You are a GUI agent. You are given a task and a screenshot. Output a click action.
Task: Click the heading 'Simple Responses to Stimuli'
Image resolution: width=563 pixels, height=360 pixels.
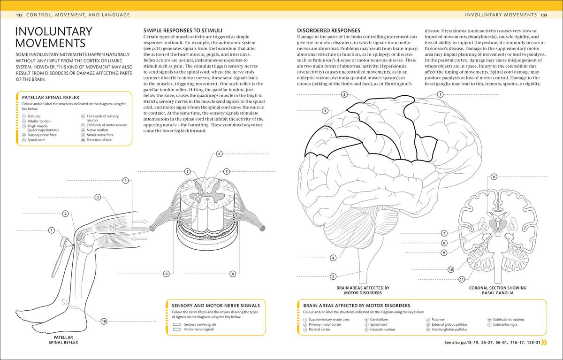point(183,31)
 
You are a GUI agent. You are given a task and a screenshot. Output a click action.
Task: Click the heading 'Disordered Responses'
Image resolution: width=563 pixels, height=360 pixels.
point(328,31)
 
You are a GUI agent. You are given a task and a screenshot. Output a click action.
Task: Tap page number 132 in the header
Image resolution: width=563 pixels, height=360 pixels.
point(19,15)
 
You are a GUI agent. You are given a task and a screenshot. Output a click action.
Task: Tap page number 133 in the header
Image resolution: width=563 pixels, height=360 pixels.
point(544,15)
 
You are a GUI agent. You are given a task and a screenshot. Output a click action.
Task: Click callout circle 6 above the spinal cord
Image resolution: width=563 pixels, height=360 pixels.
point(219,153)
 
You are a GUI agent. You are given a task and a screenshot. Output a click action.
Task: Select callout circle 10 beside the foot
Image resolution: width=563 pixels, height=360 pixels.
point(104,322)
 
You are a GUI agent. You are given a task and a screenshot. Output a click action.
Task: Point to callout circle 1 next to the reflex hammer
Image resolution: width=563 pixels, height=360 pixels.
point(52,230)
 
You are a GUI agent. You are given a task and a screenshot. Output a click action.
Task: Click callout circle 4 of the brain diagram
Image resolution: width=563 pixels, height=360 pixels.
point(333,258)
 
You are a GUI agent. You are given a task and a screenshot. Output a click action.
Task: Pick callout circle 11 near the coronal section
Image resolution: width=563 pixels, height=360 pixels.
point(462,279)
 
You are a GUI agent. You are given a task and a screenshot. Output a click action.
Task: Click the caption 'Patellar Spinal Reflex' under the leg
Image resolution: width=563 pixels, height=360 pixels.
point(63,340)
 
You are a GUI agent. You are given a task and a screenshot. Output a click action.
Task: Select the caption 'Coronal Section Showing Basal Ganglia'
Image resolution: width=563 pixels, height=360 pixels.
point(498,291)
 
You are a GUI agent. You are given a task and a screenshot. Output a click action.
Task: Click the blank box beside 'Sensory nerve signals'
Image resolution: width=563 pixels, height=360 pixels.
point(177,324)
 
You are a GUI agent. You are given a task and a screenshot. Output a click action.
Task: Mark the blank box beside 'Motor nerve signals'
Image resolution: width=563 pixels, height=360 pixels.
point(177,329)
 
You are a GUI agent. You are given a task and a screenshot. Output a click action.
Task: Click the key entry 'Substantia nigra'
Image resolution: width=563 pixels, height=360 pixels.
point(505,324)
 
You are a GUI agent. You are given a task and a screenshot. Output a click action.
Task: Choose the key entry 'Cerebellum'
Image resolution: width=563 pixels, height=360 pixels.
point(379,320)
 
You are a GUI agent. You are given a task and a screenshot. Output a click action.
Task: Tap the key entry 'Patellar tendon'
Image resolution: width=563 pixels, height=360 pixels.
point(39,121)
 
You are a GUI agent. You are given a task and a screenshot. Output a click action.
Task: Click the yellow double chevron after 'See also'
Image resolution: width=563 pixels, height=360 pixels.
point(544,343)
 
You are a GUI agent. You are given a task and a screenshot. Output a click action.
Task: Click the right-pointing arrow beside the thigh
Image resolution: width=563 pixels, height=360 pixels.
point(139,222)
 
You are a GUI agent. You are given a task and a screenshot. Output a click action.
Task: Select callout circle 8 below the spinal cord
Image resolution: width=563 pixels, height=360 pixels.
point(233,274)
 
